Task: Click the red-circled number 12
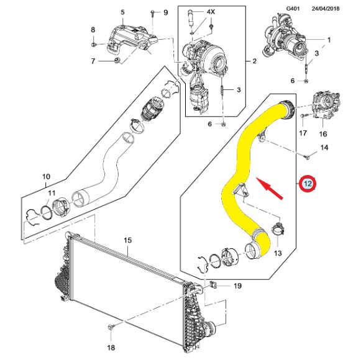point(308,183)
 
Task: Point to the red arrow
point(270,189)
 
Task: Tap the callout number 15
point(128,240)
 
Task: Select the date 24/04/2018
point(326,9)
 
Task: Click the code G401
point(293,9)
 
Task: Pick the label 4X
point(211,12)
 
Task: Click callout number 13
point(278,253)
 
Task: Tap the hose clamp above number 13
point(278,229)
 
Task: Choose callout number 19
point(237,286)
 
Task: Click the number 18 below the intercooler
point(111,348)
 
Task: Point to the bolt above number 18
point(110,327)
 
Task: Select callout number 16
point(323,134)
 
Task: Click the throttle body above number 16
point(326,104)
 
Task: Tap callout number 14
point(324,148)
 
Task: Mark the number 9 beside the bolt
point(165,12)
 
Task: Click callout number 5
point(122,12)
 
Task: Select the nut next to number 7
point(117,60)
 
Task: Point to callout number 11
point(52,193)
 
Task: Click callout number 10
point(46,177)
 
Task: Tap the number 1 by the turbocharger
point(329,40)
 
